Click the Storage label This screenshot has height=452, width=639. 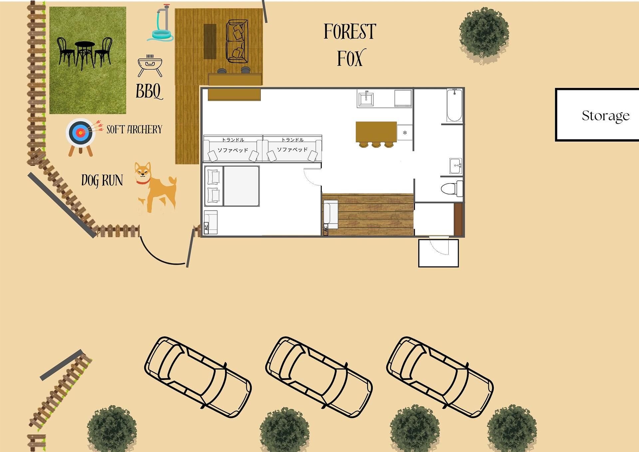[x=605, y=116]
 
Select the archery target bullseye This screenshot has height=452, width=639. [x=80, y=133]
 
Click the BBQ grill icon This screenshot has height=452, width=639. [x=150, y=66]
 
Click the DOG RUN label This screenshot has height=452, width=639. [x=102, y=181]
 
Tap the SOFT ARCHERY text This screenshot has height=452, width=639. [x=134, y=129]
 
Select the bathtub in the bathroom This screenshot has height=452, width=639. [x=454, y=105]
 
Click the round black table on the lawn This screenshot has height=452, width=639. [x=85, y=53]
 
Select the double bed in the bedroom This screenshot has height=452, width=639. [x=232, y=186]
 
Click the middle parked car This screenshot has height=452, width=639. [x=319, y=377]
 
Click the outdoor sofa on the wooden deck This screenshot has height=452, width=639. [x=237, y=41]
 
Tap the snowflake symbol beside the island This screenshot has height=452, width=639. [x=405, y=133]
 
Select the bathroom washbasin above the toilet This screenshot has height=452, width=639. [x=456, y=166]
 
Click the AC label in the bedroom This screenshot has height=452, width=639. [x=206, y=227]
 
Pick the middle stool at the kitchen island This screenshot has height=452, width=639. [x=376, y=145]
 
